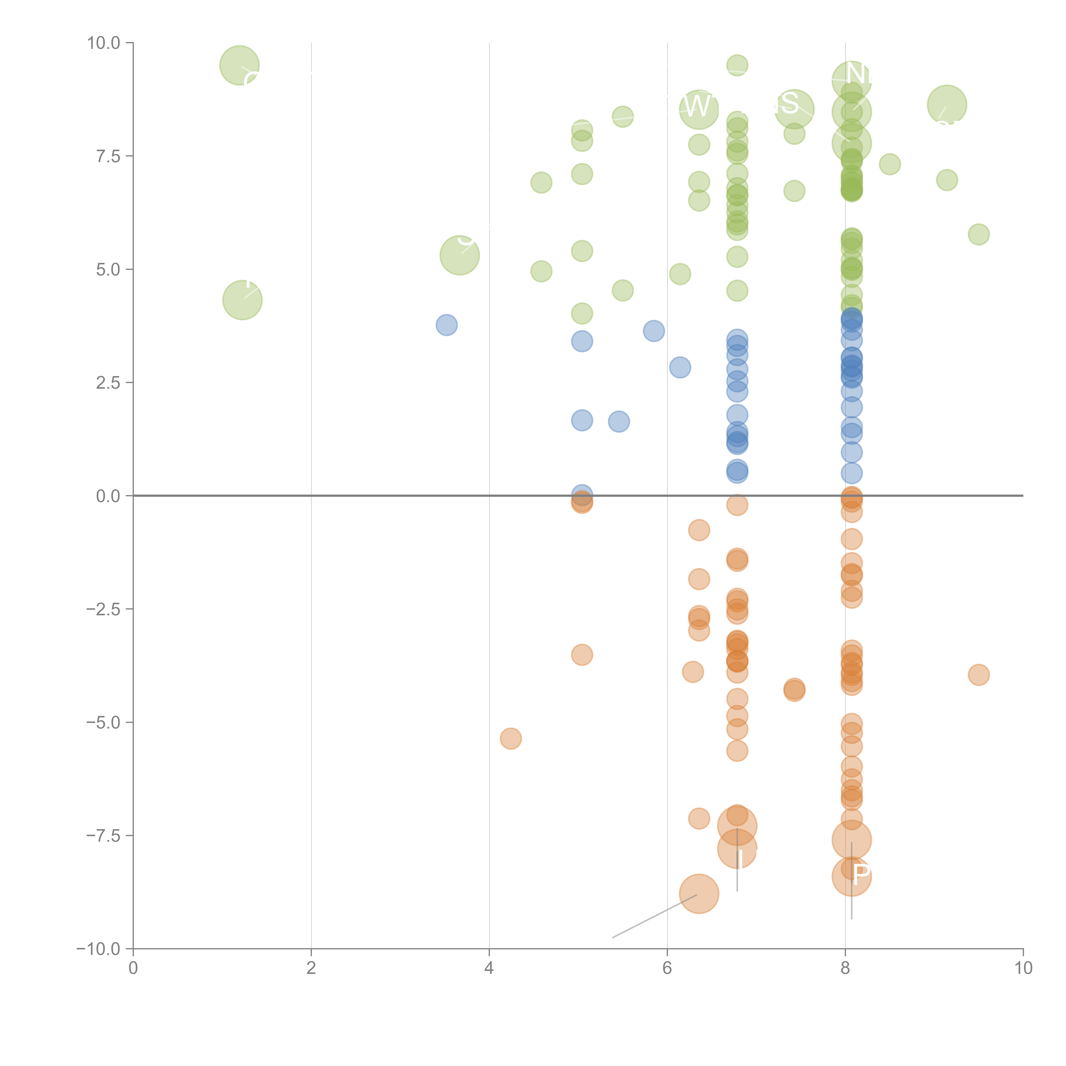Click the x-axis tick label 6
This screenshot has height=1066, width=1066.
click(x=667, y=968)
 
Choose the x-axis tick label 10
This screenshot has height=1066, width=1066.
click(x=1023, y=968)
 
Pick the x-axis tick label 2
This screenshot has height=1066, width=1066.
click(x=311, y=968)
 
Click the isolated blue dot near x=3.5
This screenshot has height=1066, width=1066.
click(x=446, y=325)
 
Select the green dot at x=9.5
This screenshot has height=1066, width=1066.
click(x=978, y=235)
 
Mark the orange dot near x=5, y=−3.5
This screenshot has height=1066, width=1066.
click(x=582, y=655)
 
